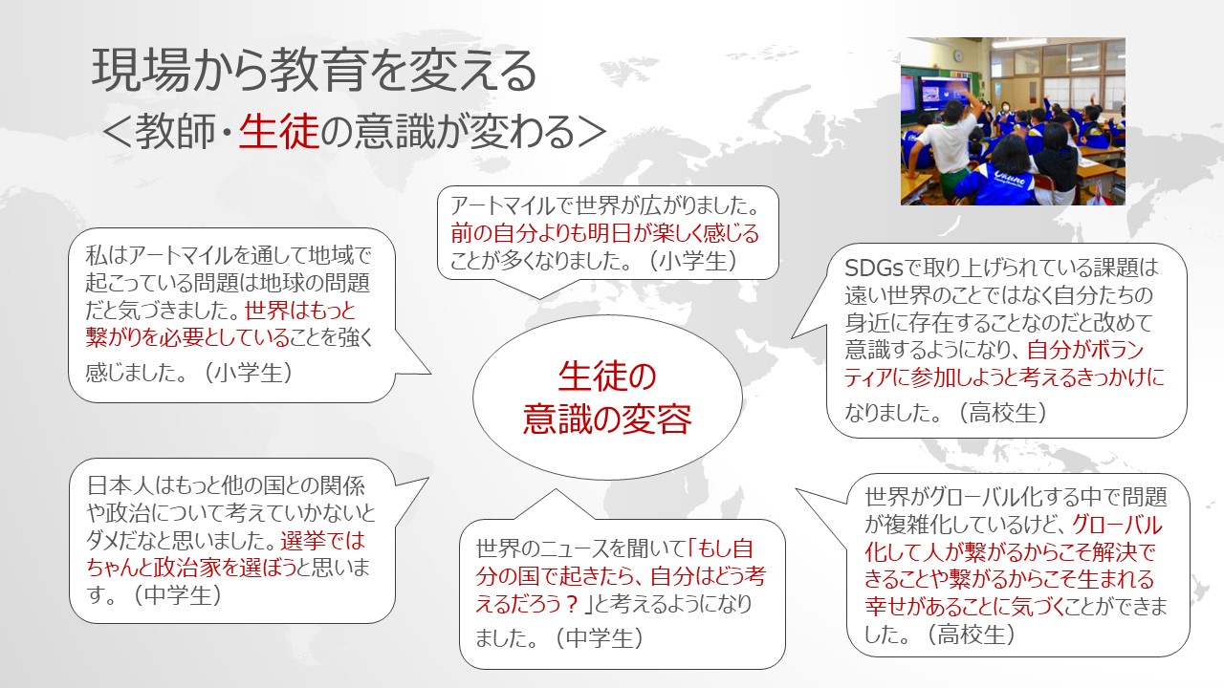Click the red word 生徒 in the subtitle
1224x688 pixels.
tap(278, 132)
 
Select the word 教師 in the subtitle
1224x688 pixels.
tap(175, 132)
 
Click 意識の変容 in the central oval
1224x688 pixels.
tap(607, 419)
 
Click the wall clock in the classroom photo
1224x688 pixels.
tap(958, 55)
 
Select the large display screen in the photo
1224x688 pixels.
tap(946, 94)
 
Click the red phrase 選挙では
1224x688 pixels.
tap(322, 541)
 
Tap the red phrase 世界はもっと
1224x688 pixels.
tap(300, 311)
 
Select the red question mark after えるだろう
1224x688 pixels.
tap(572, 604)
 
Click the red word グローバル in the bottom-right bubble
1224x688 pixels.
tap(1116, 525)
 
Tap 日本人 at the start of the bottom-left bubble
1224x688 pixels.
tap(120, 484)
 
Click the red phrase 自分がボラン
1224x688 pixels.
tap(1085, 350)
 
